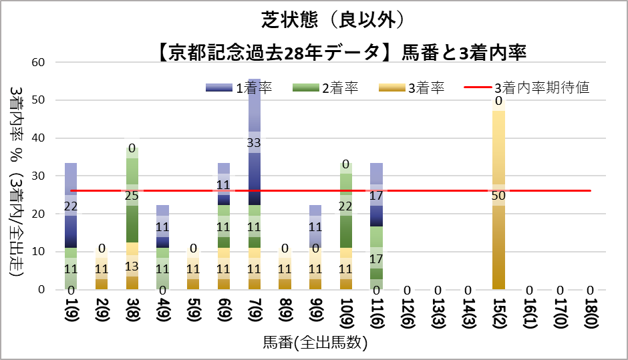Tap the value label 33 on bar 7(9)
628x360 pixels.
point(254,142)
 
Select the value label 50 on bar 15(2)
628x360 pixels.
point(498,196)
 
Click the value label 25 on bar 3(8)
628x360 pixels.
point(132,196)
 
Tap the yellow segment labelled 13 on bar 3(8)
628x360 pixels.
point(132,266)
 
